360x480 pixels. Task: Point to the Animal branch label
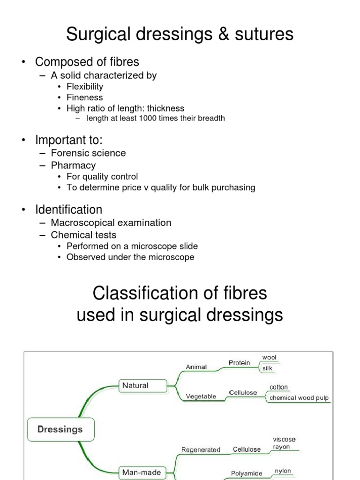tap(196, 367)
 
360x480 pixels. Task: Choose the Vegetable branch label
tap(201, 397)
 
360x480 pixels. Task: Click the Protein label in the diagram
tap(239, 363)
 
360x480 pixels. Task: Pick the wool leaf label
tap(270, 358)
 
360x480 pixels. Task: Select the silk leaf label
tap(267, 368)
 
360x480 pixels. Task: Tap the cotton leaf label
tap(278, 388)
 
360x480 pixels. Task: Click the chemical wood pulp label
tap(299, 398)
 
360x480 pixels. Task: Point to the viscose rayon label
tap(284, 443)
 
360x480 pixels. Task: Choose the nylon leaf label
tap(283, 471)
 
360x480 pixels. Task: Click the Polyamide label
tap(247, 473)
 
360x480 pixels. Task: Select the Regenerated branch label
tap(201, 450)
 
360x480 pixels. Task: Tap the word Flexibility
tap(84, 87)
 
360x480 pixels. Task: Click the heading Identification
tap(68, 210)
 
